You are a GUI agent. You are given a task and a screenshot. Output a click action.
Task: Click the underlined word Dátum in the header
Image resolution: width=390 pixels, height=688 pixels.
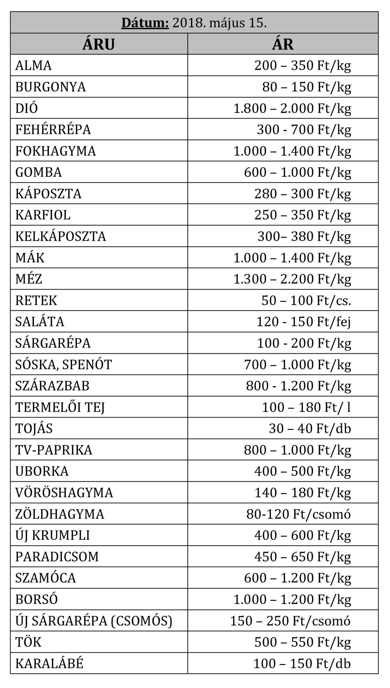[145, 23]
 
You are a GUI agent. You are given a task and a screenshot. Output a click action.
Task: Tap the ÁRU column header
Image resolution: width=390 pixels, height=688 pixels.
[98, 44]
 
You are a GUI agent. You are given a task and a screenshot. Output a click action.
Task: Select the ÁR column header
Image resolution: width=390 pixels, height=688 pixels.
[283, 44]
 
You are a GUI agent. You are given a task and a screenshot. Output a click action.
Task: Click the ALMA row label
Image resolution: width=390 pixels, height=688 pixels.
[34, 65]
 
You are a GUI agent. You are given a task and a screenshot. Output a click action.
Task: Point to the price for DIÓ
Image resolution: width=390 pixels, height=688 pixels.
[292, 108]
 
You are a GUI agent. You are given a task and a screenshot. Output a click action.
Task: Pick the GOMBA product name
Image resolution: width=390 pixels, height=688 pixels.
[39, 172]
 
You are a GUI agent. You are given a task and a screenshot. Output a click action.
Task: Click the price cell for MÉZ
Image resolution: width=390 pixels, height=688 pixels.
[292, 279]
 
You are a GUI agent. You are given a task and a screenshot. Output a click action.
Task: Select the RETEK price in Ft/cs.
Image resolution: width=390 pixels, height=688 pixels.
[306, 300]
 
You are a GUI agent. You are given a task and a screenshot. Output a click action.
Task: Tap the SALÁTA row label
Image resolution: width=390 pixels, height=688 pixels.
[40, 322]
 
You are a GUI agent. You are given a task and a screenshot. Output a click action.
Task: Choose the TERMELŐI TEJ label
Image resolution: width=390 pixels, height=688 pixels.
[60, 407]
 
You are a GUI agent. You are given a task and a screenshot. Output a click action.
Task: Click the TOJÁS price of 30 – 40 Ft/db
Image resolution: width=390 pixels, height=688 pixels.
[310, 429]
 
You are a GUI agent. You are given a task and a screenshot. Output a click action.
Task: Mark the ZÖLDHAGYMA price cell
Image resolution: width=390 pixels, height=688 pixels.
[298, 514]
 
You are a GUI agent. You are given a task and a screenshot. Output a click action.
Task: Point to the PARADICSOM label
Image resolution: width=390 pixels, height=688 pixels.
[57, 557]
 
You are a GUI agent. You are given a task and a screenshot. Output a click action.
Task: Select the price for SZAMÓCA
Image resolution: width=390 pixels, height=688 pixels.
[297, 578]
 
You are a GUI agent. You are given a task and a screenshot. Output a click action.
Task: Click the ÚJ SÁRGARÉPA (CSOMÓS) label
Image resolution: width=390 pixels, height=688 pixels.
[94, 621]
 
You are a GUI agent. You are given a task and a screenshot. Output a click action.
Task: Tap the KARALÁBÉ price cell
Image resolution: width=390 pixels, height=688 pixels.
[302, 663]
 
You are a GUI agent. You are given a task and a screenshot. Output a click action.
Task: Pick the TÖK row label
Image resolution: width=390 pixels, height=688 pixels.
[28, 642]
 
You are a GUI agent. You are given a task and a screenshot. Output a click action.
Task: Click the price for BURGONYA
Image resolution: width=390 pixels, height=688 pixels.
[306, 87]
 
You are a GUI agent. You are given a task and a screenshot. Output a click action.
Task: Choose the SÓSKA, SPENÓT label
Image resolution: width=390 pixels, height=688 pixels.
[63, 364]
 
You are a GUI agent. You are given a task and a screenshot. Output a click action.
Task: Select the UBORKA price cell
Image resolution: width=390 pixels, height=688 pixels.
[303, 471]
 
